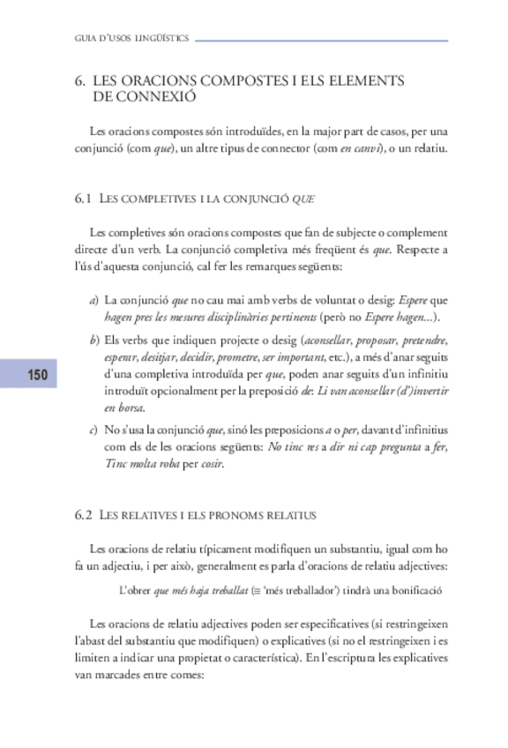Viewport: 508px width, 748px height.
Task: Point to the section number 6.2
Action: (84, 513)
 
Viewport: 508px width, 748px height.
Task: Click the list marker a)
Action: (93, 301)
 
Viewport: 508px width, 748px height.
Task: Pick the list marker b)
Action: (93, 340)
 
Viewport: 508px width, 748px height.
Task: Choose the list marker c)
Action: (93, 430)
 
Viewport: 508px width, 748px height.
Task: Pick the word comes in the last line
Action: (187, 677)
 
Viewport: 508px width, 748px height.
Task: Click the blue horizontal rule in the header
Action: (321, 40)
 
